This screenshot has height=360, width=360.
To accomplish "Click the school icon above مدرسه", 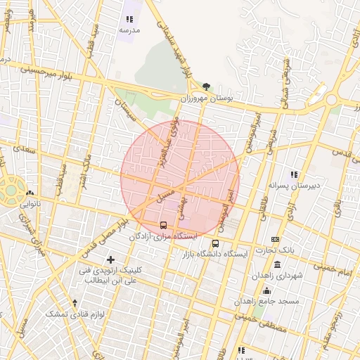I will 129,20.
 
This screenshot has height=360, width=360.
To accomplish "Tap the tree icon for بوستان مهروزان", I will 206,87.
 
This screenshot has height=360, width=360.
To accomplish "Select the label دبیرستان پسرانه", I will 294,186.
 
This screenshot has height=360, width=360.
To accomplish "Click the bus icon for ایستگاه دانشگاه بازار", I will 214,243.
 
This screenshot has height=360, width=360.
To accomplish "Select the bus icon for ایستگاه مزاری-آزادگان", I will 164,226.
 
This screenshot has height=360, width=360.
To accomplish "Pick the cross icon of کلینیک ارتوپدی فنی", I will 110,259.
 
